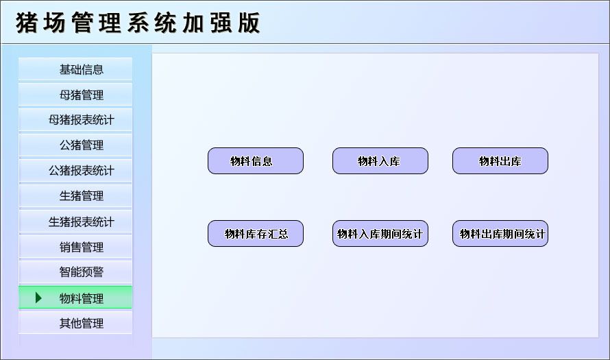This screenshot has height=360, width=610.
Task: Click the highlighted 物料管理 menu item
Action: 81,298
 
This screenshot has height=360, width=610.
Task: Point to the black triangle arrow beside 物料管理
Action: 38,298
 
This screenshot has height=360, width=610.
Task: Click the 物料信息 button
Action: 255,161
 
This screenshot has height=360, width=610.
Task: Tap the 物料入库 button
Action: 380,161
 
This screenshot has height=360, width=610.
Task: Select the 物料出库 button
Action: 500,161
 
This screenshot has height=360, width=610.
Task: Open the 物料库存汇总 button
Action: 255,234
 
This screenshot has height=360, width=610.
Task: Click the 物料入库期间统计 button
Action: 380,234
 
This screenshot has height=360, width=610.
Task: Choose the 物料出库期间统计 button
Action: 500,234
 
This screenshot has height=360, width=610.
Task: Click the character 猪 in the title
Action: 27,23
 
